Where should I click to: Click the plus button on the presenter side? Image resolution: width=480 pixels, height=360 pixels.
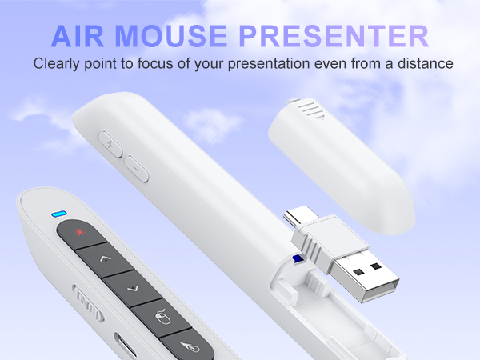[110, 146]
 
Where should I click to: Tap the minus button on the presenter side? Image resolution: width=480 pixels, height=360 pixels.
[136, 169]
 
